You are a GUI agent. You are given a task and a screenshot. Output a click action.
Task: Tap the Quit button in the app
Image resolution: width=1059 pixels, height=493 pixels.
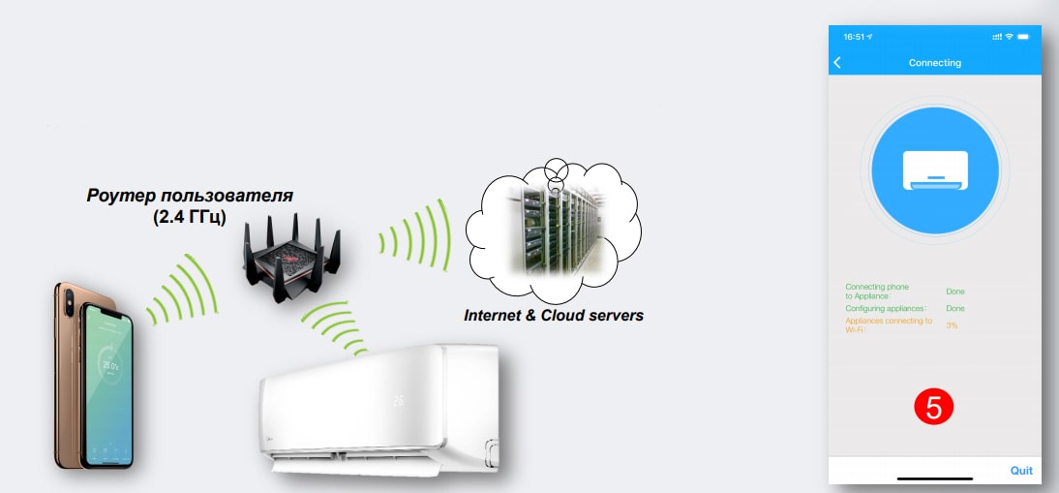[1021, 471]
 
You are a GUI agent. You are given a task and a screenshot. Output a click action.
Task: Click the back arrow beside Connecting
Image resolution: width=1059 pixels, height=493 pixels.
[837, 63]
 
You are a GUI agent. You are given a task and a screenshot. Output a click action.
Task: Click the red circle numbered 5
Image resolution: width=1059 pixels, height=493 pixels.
[933, 407]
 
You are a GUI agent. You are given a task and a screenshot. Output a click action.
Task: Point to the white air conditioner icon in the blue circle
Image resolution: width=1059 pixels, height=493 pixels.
[934, 170]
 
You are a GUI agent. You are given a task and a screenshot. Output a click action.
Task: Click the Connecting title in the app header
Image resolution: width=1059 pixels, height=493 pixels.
[934, 63]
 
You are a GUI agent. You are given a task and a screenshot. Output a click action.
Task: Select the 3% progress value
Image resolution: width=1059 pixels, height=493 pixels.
[952, 325]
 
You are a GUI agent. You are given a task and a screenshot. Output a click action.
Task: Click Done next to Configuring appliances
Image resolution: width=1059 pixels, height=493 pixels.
[954, 308]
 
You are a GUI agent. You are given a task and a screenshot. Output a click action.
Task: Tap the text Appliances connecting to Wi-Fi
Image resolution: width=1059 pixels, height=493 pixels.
[888, 324]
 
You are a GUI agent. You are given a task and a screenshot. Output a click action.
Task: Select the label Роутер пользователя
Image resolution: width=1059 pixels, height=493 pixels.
[190, 197]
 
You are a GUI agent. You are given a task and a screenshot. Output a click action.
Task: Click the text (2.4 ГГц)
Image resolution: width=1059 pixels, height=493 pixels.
[190, 217]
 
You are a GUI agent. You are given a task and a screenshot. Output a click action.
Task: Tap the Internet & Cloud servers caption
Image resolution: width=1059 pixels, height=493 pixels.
[554, 316]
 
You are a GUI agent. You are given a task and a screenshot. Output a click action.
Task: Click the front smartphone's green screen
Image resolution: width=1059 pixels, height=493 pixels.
[107, 387]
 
